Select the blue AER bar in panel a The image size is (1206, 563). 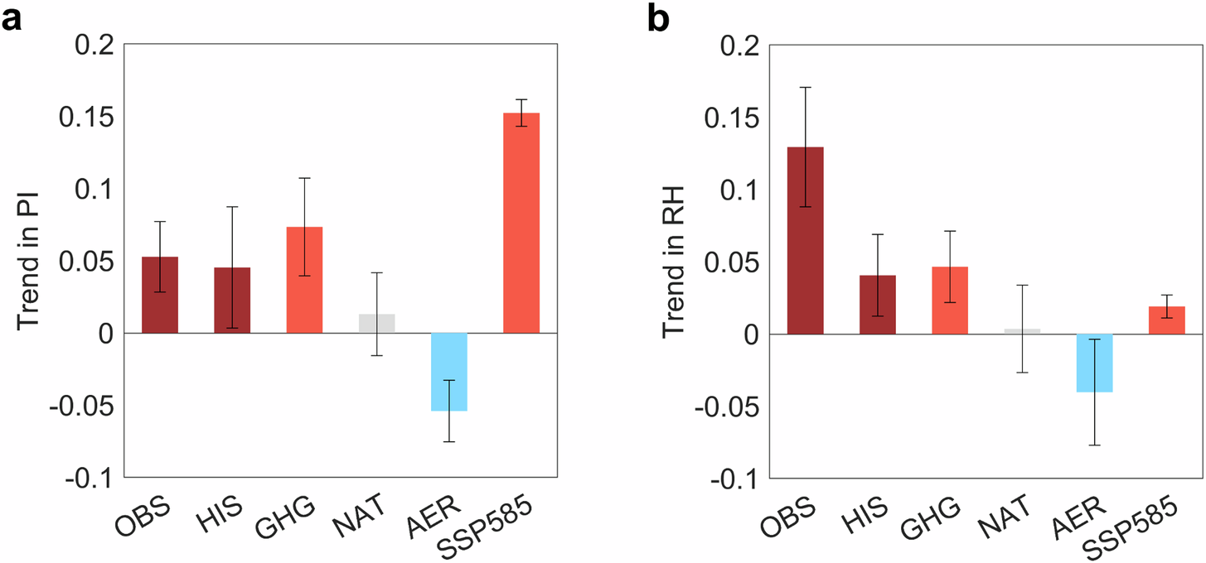click(x=449, y=372)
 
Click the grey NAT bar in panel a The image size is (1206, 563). click(x=376, y=324)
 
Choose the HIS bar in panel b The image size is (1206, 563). click(x=877, y=304)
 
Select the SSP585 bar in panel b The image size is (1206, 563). click(x=1166, y=320)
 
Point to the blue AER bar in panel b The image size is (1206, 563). click(x=1094, y=363)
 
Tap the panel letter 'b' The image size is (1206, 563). click(x=657, y=18)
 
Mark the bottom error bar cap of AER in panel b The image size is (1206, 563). click(x=1094, y=445)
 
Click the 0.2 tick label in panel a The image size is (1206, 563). click(x=98, y=46)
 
